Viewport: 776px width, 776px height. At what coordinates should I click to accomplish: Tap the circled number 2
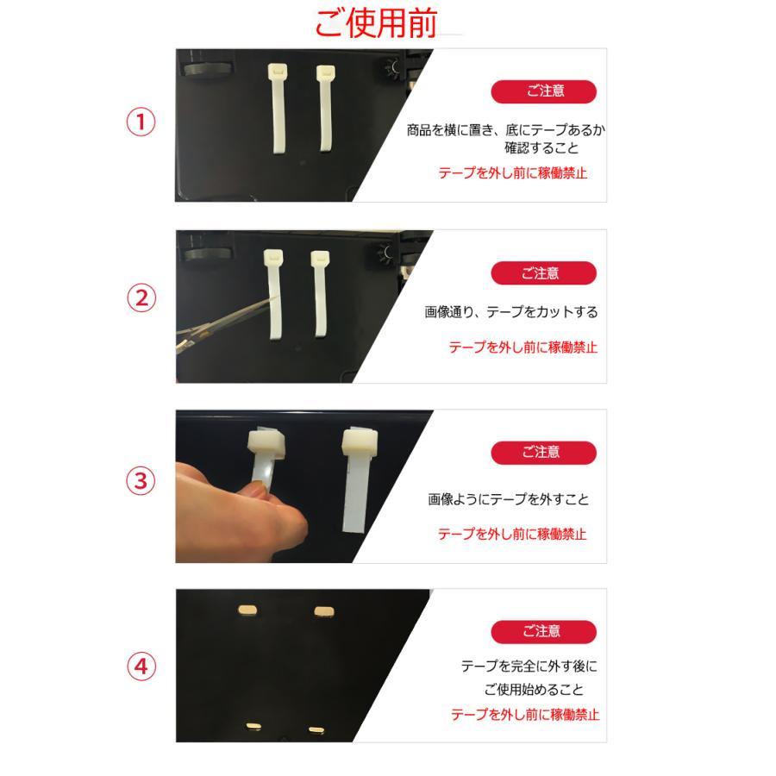[x=141, y=299]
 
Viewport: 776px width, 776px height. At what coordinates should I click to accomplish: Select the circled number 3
[x=141, y=481]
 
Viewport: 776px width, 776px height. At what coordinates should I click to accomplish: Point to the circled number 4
[x=141, y=666]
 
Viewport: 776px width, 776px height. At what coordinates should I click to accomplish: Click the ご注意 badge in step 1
[x=543, y=92]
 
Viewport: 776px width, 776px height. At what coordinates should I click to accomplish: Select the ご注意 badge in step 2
[x=543, y=273]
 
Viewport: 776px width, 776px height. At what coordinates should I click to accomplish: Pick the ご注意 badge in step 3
[x=543, y=452]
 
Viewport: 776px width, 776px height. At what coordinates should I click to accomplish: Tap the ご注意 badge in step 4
[x=543, y=631]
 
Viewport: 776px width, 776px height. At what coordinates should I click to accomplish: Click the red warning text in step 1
[x=513, y=172]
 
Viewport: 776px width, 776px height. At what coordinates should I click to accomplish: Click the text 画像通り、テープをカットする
[x=511, y=312]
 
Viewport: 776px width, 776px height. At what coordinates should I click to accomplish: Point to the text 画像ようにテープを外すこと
[x=509, y=500]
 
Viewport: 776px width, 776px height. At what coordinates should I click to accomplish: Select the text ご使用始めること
[x=534, y=690]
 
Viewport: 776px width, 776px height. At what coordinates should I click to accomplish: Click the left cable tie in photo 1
[x=279, y=108]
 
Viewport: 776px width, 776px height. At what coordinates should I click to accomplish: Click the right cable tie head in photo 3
[x=360, y=442]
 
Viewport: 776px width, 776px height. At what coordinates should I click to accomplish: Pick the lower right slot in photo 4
[x=316, y=729]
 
